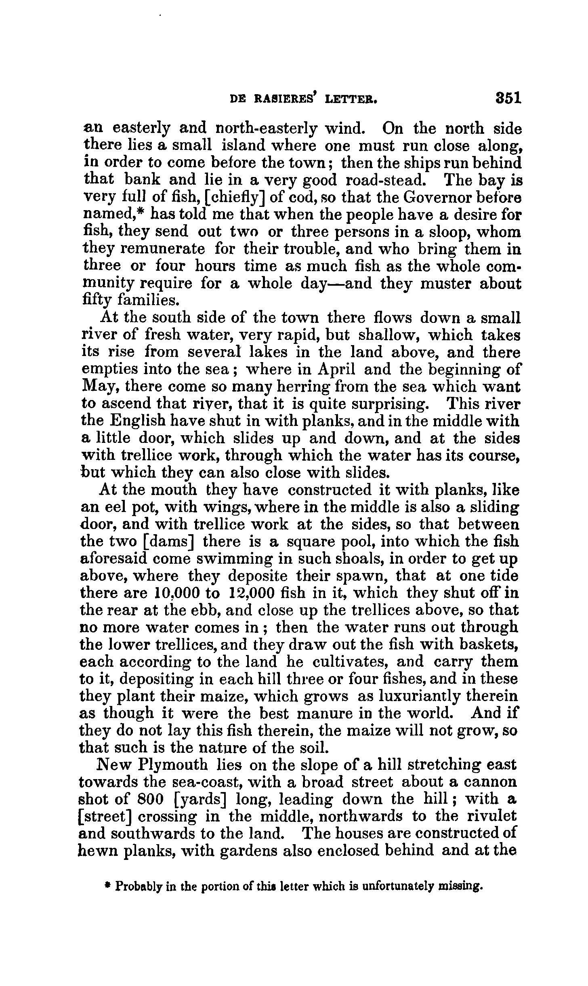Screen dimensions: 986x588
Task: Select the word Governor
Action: click(438, 198)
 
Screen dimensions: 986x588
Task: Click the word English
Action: click(137, 421)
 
